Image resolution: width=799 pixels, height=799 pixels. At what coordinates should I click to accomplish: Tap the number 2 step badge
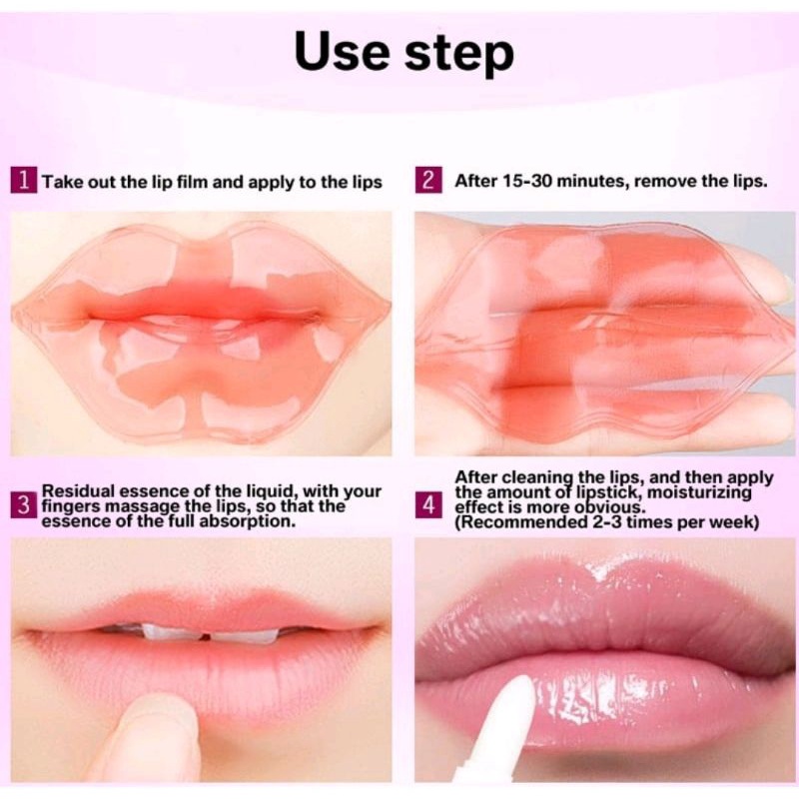coord(427,182)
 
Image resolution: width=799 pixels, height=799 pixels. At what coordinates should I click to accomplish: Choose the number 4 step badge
coord(427,505)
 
